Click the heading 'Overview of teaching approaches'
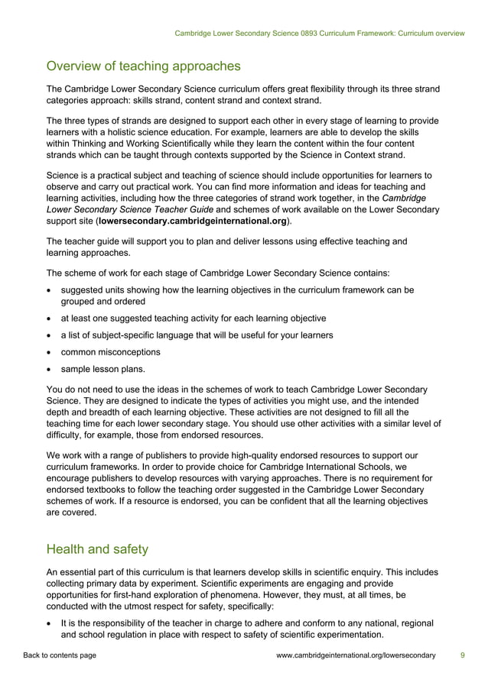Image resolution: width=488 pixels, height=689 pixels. pos(143,66)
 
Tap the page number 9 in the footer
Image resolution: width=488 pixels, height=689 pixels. pos(462,655)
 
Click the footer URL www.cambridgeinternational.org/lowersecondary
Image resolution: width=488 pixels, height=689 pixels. pos(355,655)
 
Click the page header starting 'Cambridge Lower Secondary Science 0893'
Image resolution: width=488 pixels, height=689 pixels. pos(319,34)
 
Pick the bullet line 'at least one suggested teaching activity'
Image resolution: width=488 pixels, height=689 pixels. pos(194,318)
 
